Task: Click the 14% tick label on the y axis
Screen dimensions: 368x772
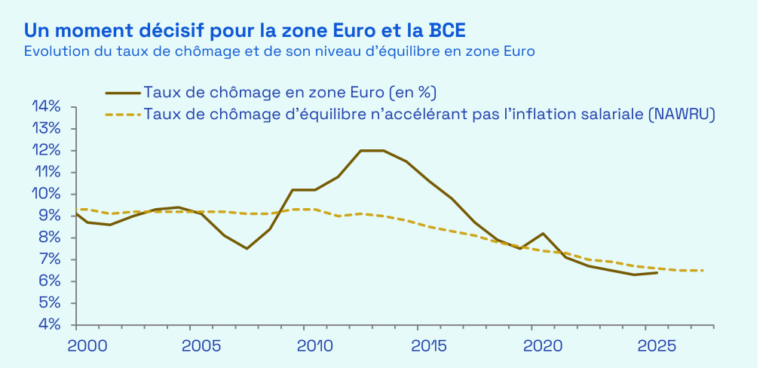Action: tap(45, 106)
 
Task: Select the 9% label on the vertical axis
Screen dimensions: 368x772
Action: tap(48, 216)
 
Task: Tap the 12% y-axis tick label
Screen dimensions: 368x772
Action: tap(45, 150)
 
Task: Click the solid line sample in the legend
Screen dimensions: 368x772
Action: tap(122, 93)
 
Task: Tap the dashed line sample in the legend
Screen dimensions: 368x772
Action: tap(122, 115)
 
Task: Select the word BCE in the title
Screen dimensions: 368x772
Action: tap(446, 31)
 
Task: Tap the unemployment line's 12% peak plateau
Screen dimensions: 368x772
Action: tap(372, 150)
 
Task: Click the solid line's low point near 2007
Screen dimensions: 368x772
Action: tap(247, 248)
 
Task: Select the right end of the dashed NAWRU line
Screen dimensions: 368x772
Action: tap(703, 270)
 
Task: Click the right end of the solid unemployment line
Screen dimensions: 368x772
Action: tap(657, 272)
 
